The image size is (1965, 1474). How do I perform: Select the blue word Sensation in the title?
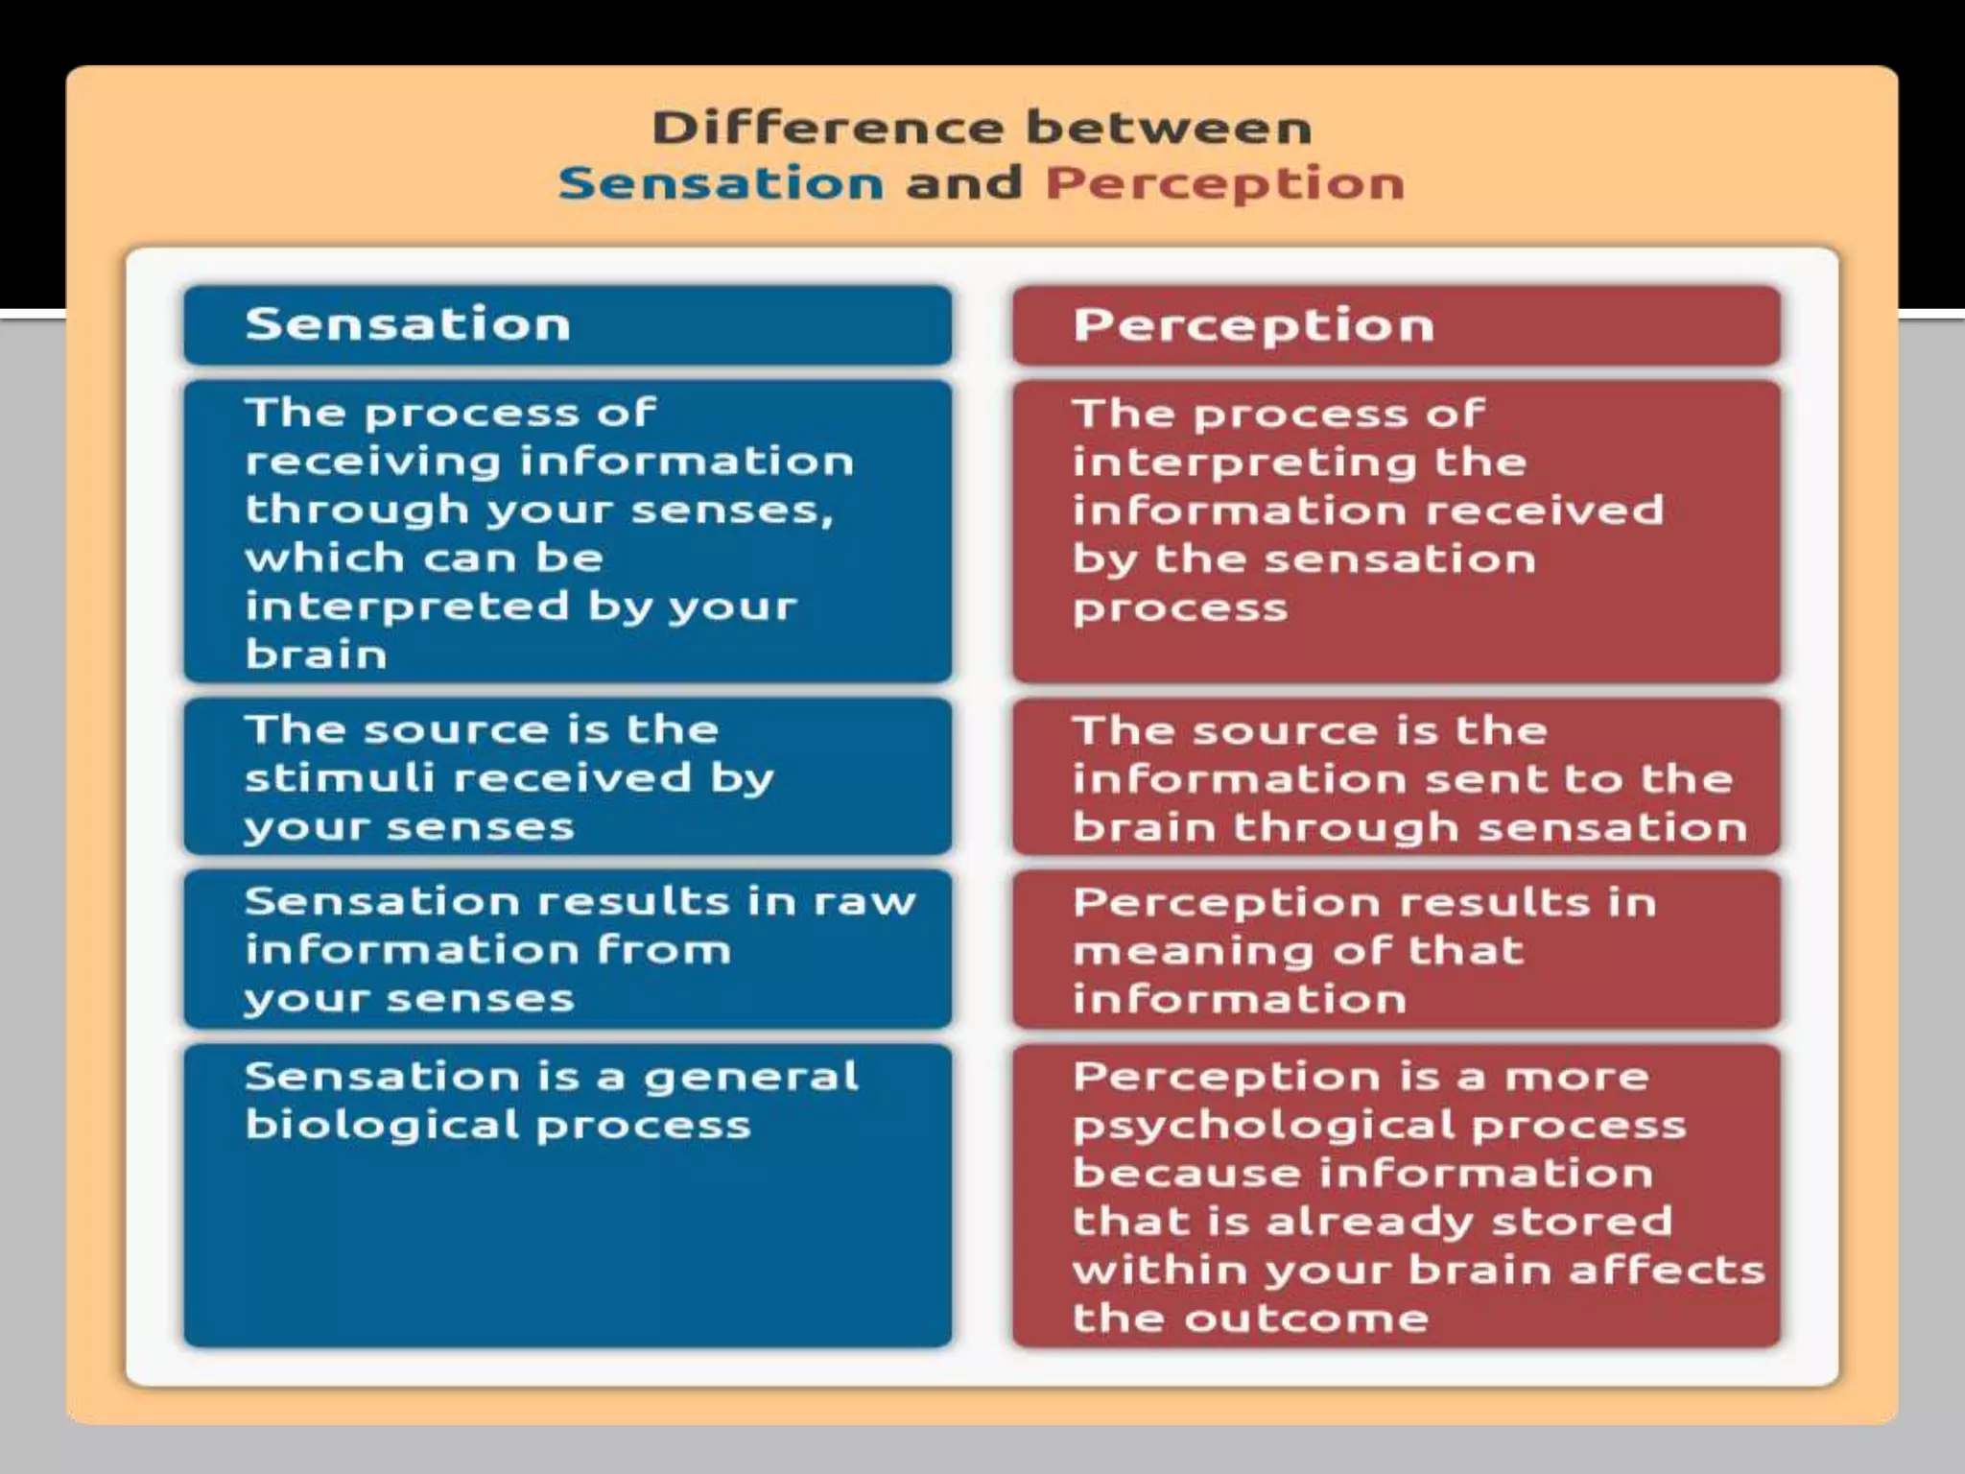721,182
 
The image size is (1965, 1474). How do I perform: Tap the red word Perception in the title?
1224,182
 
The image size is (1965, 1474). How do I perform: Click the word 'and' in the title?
963,182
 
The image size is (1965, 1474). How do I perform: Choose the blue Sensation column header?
408,323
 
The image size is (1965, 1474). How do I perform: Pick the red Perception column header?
1253,325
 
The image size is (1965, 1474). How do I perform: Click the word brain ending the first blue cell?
316,654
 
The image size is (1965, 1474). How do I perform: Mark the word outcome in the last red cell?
1307,1318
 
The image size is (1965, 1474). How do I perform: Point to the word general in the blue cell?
750,1077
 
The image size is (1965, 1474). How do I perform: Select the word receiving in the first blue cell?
373,463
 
